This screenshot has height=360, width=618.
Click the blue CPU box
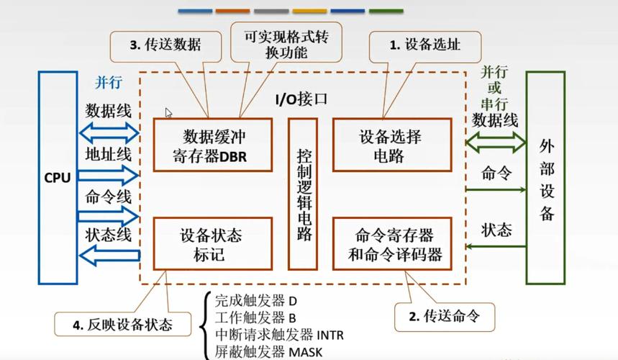coord(58,177)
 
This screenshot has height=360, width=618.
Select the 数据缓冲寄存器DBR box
coord(212,145)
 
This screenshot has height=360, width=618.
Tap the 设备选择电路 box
coord(391,145)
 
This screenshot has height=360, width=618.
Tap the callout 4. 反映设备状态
coord(122,325)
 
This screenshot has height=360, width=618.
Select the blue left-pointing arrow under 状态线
coord(108,253)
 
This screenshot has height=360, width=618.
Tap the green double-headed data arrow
coord(495,142)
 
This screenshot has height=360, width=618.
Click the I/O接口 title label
coord(301,99)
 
